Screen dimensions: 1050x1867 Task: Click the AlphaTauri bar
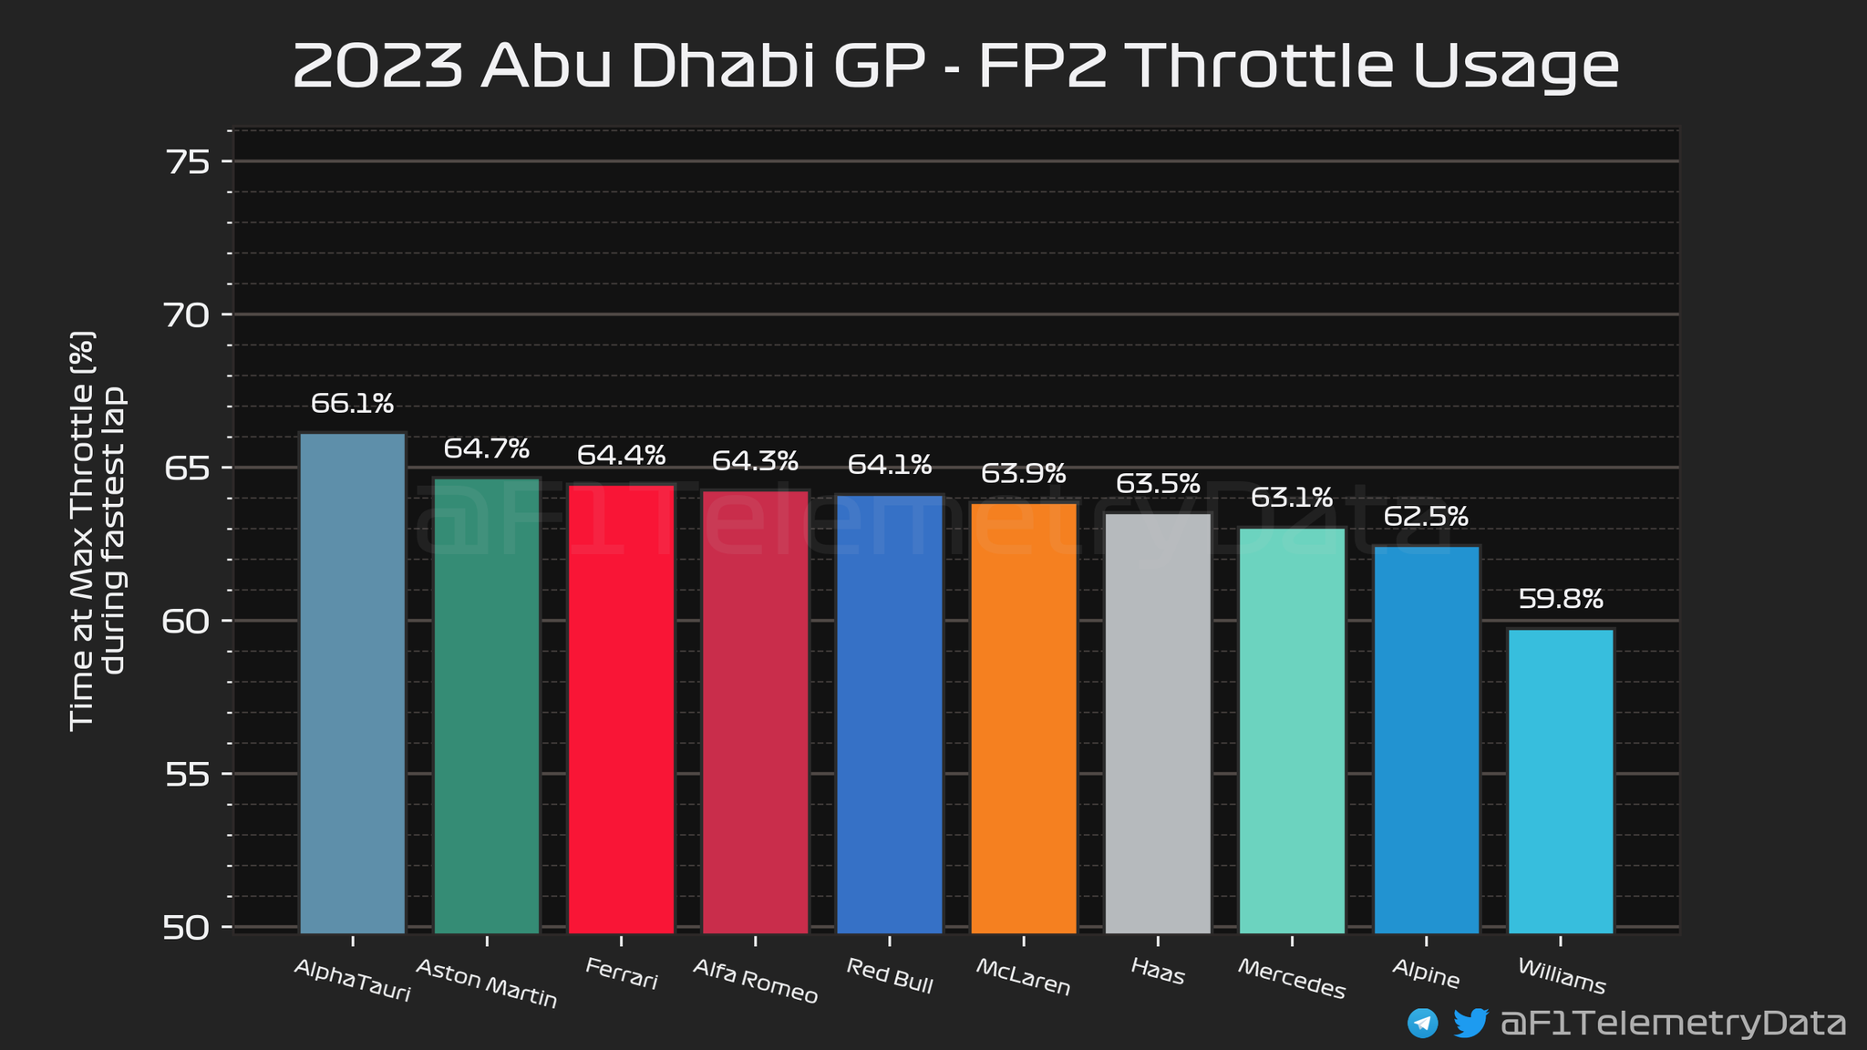point(353,683)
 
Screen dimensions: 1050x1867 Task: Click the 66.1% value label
point(352,403)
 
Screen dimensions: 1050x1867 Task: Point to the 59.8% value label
point(1561,599)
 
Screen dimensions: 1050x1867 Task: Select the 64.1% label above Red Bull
point(890,465)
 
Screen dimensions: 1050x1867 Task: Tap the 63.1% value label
point(1292,498)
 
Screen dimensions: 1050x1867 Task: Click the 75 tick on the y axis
point(188,162)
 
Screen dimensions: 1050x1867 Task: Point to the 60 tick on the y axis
point(188,622)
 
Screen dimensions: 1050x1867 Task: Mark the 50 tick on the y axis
point(188,928)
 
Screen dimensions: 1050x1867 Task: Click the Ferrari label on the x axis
point(621,973)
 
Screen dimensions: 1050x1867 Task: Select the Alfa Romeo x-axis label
point(756,981)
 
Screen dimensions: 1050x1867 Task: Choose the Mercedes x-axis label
point(1292,979)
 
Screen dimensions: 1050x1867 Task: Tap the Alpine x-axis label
point(1426,974)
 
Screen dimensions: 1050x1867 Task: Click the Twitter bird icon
point(1470,1023)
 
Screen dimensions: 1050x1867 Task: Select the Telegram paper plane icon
point(1422,1023)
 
